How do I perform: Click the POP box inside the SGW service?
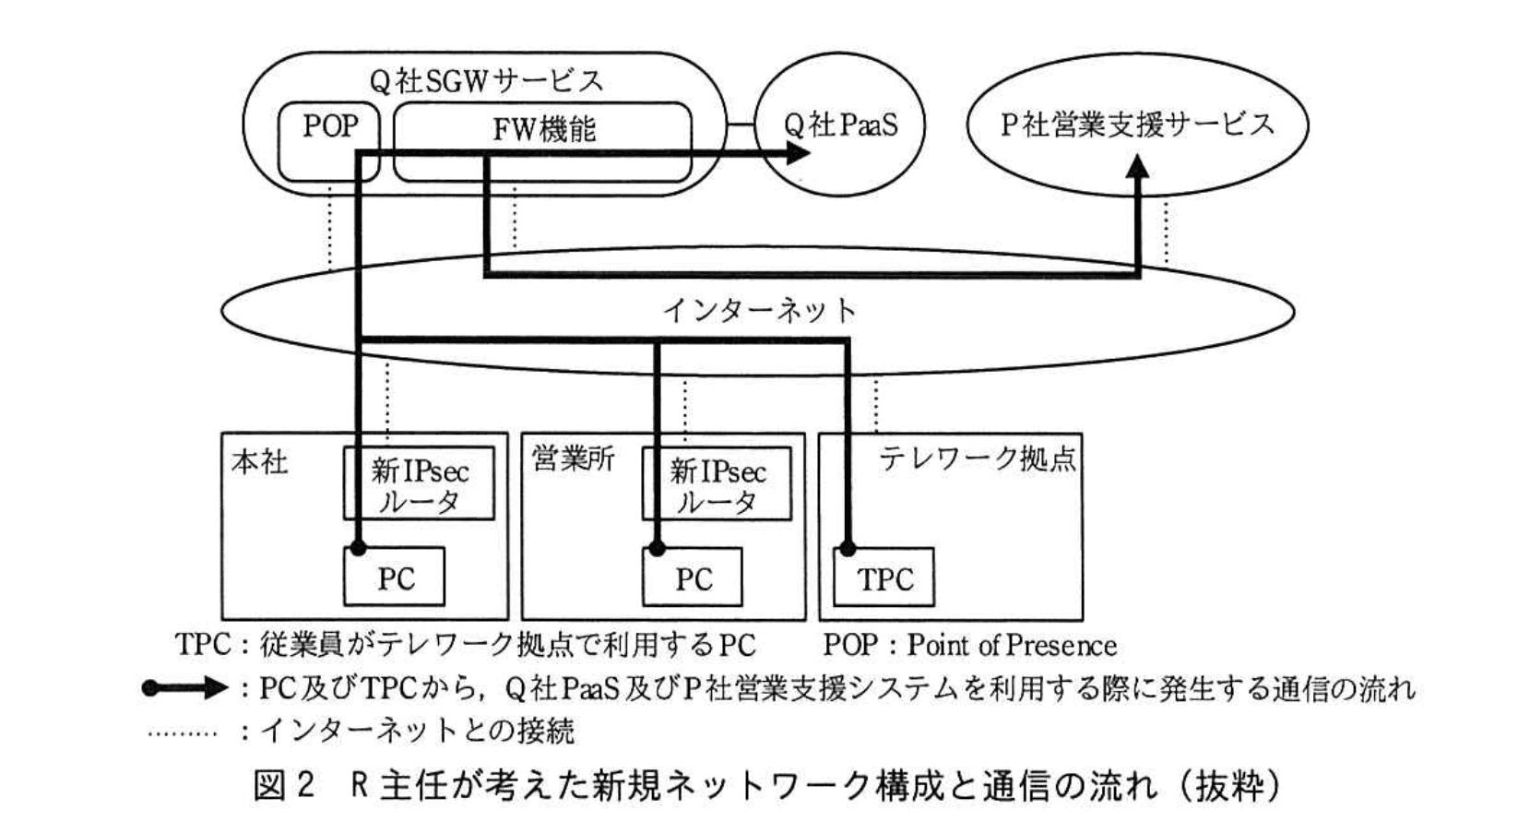(x=329, y=127)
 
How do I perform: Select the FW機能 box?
(x=543, y=129)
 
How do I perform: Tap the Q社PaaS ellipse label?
(x=840, y=125)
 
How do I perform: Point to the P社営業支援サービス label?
(x=1137, y=125)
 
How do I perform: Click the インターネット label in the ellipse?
(x=759, y=310)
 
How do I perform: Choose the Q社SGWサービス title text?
(x=486, y=81)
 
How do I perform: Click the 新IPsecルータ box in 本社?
(x=420, y=486)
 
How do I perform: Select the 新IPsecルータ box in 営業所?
(x=717, y=486)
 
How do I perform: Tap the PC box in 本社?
(x=395, y=578)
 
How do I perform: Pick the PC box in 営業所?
(x=694, y=578)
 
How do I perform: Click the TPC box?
(x=884, y=578)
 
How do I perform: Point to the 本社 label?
(x=259, y=461)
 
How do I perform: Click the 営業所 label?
(x=574, y=459)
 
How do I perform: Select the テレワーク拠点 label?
(x=977, y=459)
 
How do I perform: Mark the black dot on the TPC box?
(x=848, y=549)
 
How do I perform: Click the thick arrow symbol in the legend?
(x=184, y=688)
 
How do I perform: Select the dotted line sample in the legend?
(x=183, y=733)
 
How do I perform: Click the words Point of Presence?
(x=1012, y=645)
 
